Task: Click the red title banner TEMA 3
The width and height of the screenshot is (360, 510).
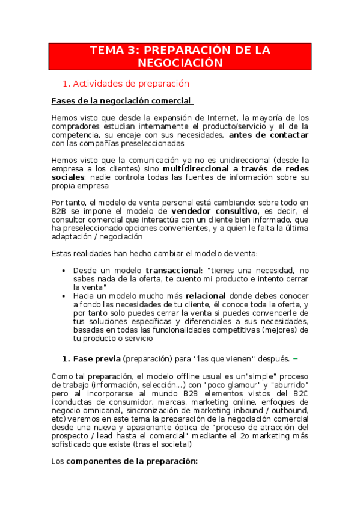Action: pos(180,56)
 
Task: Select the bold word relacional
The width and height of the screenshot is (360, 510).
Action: pos(206,296)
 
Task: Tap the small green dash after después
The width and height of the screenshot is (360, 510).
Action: pos(295,358)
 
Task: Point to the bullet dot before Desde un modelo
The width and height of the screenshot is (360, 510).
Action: pos(64,271)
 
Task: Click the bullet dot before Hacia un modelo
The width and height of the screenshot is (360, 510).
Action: pos(64,296)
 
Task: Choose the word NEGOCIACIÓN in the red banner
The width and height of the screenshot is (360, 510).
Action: pos(180,63)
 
